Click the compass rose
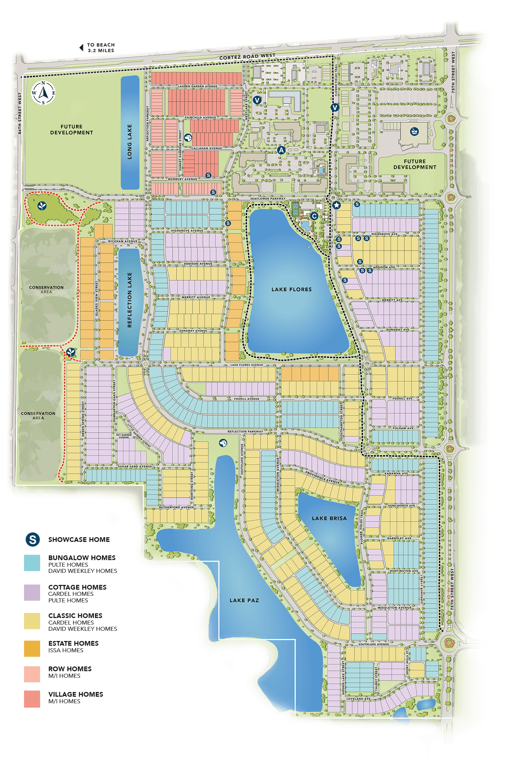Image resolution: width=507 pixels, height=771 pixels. pos(43,93)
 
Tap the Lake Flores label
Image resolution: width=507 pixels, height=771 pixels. pos(292,290)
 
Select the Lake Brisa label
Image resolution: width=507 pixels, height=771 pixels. pos(329,518)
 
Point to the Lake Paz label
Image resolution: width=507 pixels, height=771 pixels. pos(244,600)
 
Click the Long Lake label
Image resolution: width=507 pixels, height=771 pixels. pos(130,142)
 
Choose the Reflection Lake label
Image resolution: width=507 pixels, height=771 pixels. pos(130,300)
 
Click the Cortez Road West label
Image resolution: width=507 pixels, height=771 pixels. pos(247,57)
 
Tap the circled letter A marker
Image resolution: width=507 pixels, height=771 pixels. pos(281,150)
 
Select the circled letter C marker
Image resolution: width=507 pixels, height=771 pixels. pos(314,216)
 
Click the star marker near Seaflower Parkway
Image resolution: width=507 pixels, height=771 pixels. pos(337,205)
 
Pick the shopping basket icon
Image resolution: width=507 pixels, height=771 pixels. pos(414,131)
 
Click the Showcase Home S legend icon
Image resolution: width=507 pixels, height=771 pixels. pos(32,539)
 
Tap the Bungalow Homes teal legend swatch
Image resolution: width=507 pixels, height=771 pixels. pos(32,563)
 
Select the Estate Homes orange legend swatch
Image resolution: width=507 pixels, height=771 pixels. pos(32,649)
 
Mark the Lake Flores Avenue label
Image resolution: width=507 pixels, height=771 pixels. pos(246,365)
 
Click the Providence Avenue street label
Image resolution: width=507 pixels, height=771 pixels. pos(322,477)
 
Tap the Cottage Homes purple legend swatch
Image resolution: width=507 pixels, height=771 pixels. pos(32,593)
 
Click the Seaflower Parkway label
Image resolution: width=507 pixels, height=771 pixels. pos(268,199)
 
